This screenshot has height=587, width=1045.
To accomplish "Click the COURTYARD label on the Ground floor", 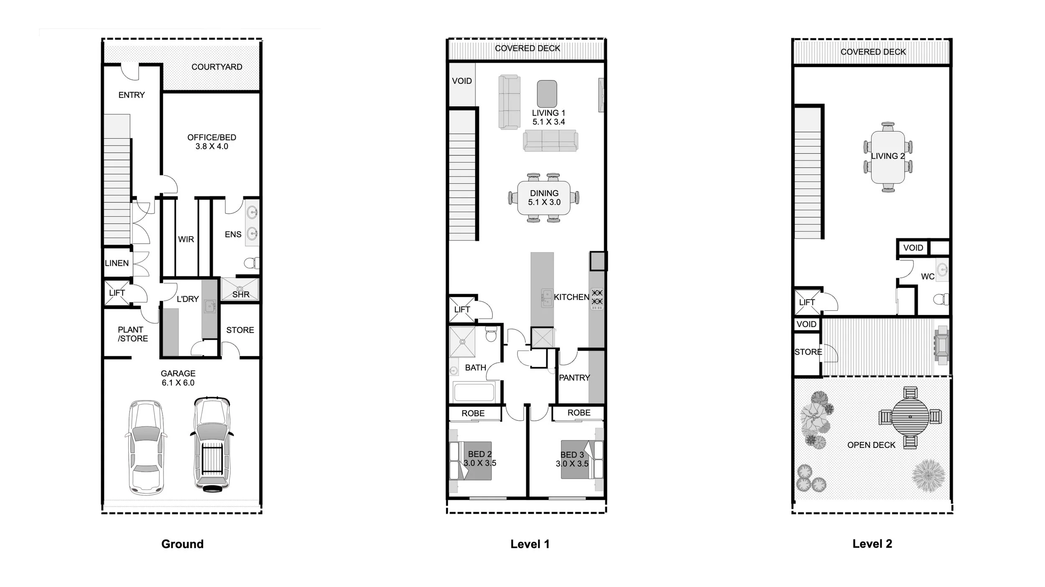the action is (x=217, y=67).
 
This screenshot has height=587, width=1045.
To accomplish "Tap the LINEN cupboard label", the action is (x=117, y=263).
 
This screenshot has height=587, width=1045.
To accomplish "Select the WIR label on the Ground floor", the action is (x=186, y=239).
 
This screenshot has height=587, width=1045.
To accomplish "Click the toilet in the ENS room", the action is (x=251, y=263).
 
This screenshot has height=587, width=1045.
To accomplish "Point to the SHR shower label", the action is (x=241, y=295).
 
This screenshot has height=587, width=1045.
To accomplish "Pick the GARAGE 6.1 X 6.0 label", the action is (x=178, y=378).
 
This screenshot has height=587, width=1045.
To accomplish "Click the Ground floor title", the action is (x=182, y=544).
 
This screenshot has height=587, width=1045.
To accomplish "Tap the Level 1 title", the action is (x=530, y=544).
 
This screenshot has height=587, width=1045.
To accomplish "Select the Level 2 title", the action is (x=872, y=544).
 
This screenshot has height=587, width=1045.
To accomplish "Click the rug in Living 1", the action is (x=547, y=94).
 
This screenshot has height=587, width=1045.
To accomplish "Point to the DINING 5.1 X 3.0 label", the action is (x=544, y=198).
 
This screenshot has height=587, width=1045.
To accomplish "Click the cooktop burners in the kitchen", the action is (x=597, y=297).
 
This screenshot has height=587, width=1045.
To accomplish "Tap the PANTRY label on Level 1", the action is (x=574, y=378).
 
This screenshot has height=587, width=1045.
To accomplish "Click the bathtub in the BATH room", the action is (x=474, y=392).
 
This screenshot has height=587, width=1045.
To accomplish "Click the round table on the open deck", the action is (x=910, y=417).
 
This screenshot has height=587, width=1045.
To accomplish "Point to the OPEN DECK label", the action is (x=871, y=445).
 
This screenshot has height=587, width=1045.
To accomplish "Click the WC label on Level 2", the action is (x=928, y=277).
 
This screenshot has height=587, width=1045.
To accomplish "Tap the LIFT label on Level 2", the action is (x=807, y=302).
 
